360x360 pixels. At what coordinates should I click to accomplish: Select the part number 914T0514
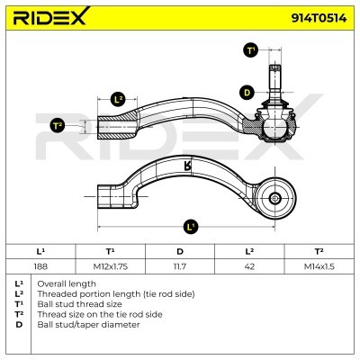point(319,18)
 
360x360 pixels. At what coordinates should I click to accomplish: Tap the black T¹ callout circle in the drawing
point(250,50)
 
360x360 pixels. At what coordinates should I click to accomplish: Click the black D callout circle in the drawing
point(247,93)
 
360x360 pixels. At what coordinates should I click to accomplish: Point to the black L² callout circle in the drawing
point(119,100)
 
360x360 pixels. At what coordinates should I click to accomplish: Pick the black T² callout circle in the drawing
point(57,126)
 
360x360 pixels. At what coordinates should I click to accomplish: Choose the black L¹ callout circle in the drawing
point(191,227)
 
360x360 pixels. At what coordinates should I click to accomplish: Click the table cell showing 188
point(40,266)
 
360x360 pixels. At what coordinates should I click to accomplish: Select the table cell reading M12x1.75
point(111,266)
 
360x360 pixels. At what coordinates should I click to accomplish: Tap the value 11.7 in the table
point(180,266)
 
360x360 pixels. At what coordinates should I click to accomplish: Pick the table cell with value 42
point(249,266)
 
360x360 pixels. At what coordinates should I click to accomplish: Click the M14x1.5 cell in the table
point(319,266)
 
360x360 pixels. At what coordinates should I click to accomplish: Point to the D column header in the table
point(180,251)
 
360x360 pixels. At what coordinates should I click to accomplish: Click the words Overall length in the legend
point(67,283)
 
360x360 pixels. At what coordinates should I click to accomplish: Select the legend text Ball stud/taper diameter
point(88,325)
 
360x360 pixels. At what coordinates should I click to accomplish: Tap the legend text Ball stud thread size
point(79,304)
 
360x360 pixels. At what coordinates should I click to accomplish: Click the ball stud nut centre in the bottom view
point(274,198)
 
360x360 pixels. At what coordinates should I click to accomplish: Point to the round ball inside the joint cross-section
point(275,127)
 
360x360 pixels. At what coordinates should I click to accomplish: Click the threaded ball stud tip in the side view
point(275,68)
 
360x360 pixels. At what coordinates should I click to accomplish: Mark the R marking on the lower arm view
point(187,166)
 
